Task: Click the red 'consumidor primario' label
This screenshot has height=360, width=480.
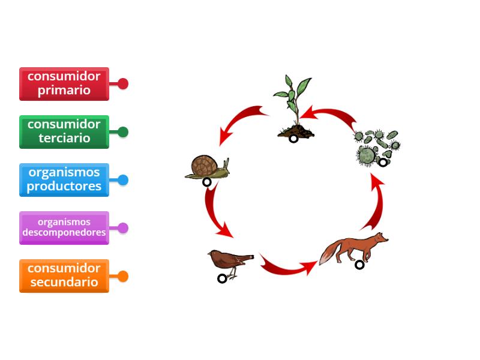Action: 64,83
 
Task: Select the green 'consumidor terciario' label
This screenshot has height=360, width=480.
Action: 64,131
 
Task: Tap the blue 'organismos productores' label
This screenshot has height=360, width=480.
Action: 64,179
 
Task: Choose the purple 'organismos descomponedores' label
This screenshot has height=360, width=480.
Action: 64,227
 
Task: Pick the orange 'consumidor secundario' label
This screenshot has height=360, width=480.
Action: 64,275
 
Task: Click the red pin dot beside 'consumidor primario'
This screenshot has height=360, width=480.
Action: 123,83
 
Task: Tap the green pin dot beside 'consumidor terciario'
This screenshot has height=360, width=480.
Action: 123,132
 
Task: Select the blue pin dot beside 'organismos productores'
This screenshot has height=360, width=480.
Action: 123,180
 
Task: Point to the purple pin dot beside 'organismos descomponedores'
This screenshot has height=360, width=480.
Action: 123,228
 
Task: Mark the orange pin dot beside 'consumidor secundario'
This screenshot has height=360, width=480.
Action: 123,277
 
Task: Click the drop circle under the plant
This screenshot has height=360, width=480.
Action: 293,139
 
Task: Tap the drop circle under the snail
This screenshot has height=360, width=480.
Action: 207,182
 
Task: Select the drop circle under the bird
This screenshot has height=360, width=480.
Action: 222,278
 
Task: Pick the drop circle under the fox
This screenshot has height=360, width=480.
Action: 359,265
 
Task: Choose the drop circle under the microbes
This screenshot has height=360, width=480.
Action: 383,162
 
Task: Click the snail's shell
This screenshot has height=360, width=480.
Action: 205,165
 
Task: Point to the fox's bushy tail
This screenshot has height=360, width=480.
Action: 328,254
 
